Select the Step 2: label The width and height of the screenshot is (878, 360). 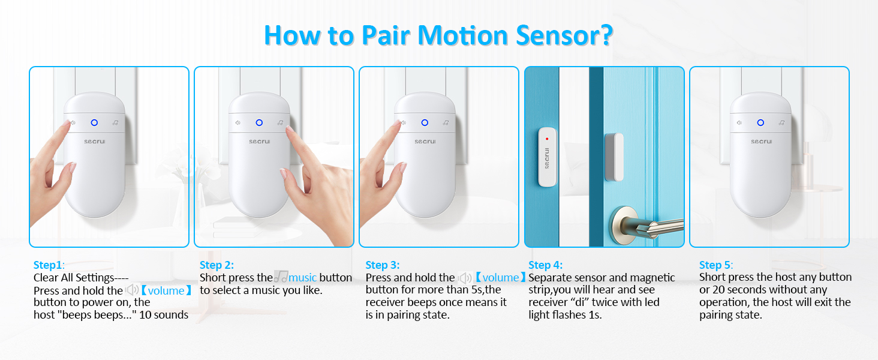[217, 265]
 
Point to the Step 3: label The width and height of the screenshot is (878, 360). [382, 265]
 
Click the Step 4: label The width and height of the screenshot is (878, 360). [545, 265]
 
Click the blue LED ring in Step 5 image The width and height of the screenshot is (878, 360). [760, 122]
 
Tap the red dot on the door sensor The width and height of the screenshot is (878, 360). [547, 139]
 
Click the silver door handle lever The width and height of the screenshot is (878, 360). [654, 227]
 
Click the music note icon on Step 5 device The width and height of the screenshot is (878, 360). [783, 122]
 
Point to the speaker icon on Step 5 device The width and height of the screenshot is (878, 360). [739, 122]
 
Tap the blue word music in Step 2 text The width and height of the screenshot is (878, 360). [302, 278]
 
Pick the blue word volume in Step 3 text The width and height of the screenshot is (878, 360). [501, 278]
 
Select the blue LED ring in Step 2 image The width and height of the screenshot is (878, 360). [259, 122]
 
